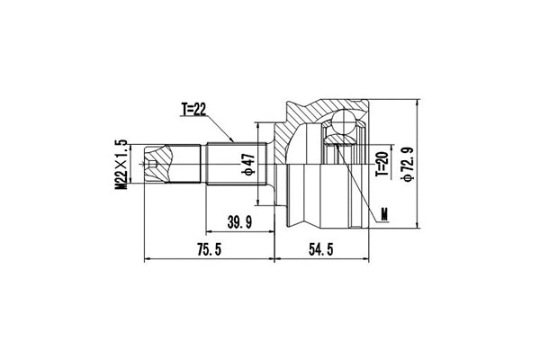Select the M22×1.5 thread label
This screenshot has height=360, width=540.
[x=119, y=164]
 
